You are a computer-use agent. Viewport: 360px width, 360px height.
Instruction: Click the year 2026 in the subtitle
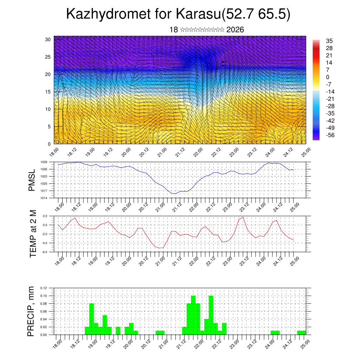235,30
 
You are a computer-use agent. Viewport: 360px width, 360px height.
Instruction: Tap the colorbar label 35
329,41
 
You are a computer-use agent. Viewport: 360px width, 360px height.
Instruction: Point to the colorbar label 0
328,77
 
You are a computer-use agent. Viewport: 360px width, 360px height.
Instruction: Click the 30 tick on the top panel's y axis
48,39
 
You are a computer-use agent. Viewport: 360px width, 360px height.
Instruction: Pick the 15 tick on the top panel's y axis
48,92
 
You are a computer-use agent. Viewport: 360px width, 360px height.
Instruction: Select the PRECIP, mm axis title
32,311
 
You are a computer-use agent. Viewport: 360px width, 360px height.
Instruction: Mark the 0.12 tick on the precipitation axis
43,288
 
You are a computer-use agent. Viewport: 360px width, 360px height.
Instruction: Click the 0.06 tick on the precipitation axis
43,311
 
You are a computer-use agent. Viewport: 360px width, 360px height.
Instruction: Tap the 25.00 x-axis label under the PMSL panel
295,205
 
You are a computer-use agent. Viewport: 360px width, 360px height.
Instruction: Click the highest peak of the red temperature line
243,217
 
